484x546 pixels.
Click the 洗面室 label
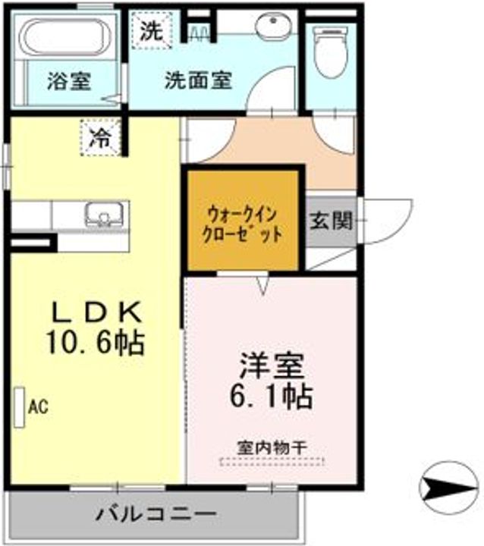coord(198,80)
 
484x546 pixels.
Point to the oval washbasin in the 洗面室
coord(273,27)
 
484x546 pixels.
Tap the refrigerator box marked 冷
coord(100,137)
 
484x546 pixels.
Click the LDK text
coord(95,312)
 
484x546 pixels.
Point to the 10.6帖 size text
coord(95,343)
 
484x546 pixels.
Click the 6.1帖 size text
coord(272,397)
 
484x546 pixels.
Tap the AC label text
coord(39,407)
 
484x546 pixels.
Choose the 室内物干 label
coord(272,447)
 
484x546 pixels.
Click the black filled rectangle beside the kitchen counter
coord(33,244)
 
